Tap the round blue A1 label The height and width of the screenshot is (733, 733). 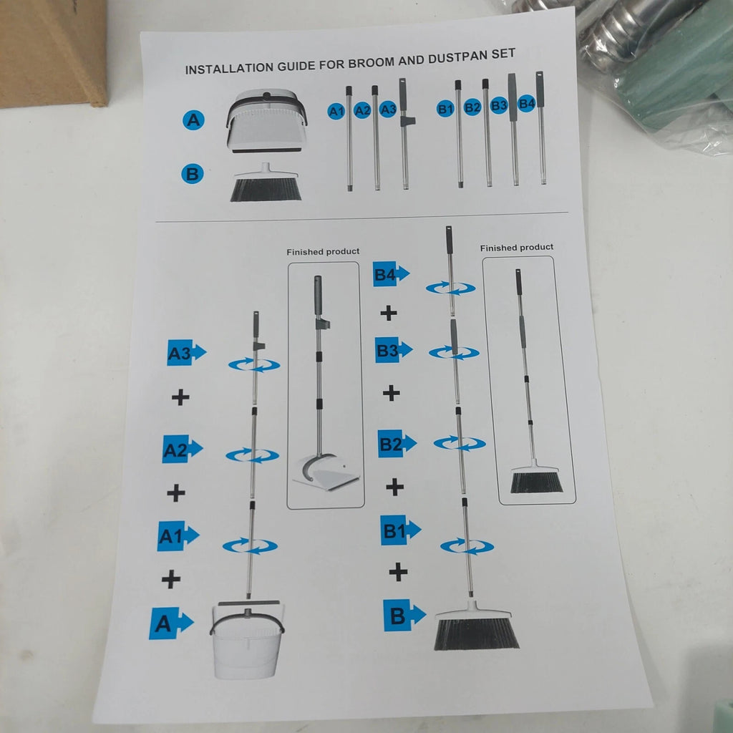(x=336, y=111)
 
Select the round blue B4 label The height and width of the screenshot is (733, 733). (x=527, y=103)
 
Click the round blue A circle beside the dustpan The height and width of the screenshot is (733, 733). (x=193, y=120)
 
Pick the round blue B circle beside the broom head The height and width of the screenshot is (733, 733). (x=192, y=173)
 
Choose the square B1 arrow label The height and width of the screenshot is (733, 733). (x=401, y=530)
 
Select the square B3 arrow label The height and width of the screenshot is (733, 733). (x=394, y=349)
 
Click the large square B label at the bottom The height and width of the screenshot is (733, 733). (x=404, y=615)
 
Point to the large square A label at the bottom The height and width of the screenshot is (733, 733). (x=171, y=623)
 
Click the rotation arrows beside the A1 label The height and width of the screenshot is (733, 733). (x=250, y=545)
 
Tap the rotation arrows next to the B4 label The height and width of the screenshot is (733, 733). (x=451, y=288)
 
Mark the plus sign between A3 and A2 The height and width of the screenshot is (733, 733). (x=180, y=397)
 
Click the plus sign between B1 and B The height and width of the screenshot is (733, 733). (x=398, y=572)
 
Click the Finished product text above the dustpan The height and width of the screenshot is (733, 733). (x=323, y=251)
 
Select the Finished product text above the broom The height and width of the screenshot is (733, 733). (x=517, y=247)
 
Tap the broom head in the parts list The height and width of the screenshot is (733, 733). (x=266, y=183)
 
